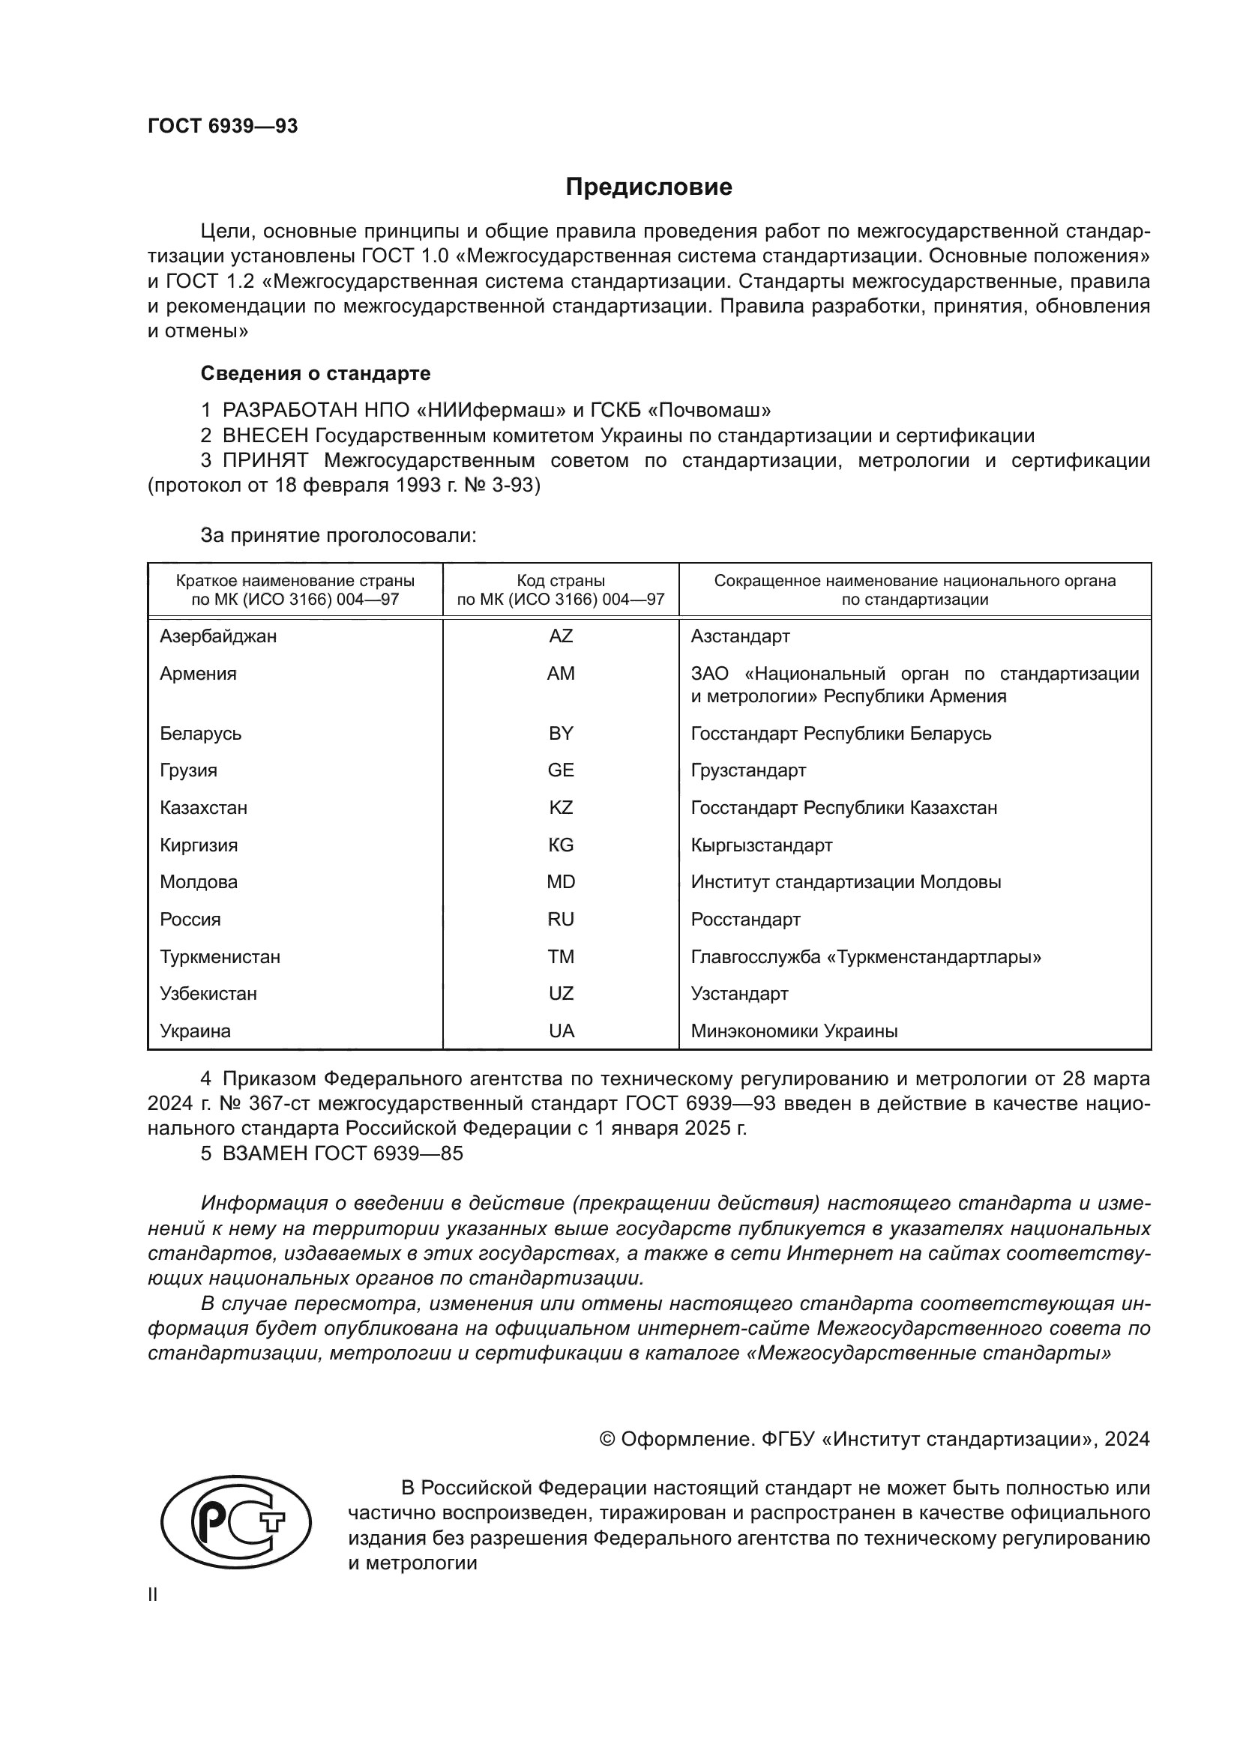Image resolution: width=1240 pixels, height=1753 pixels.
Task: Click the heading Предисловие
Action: point(648,187)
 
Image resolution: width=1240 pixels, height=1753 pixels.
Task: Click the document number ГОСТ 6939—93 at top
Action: point(222,126)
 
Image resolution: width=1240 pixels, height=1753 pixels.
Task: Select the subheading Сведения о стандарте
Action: point(315,373)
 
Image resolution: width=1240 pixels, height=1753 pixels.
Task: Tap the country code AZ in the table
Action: point(561,636)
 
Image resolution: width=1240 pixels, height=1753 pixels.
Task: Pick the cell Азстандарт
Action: point(739,636)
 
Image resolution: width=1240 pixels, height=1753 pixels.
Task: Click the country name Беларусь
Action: point(200,734)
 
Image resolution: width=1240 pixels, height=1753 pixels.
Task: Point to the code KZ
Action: point(561,808)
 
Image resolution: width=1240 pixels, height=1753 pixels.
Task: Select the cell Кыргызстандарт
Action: point(760,845)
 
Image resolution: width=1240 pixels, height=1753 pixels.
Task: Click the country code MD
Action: point(561,882)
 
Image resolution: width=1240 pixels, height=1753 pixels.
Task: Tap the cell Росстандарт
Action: point(745,920)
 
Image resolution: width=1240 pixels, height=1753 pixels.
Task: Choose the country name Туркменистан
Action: point(219,956)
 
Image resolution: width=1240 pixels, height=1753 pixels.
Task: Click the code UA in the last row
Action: point(561,1031)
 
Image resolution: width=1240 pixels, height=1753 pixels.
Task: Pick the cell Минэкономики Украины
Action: point(793,1031)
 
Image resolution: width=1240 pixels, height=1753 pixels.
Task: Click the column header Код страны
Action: point(561,580)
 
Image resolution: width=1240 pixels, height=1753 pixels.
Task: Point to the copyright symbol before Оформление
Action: point(608,1439)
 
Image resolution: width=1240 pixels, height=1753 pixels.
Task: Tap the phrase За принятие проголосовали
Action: point(337,535)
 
